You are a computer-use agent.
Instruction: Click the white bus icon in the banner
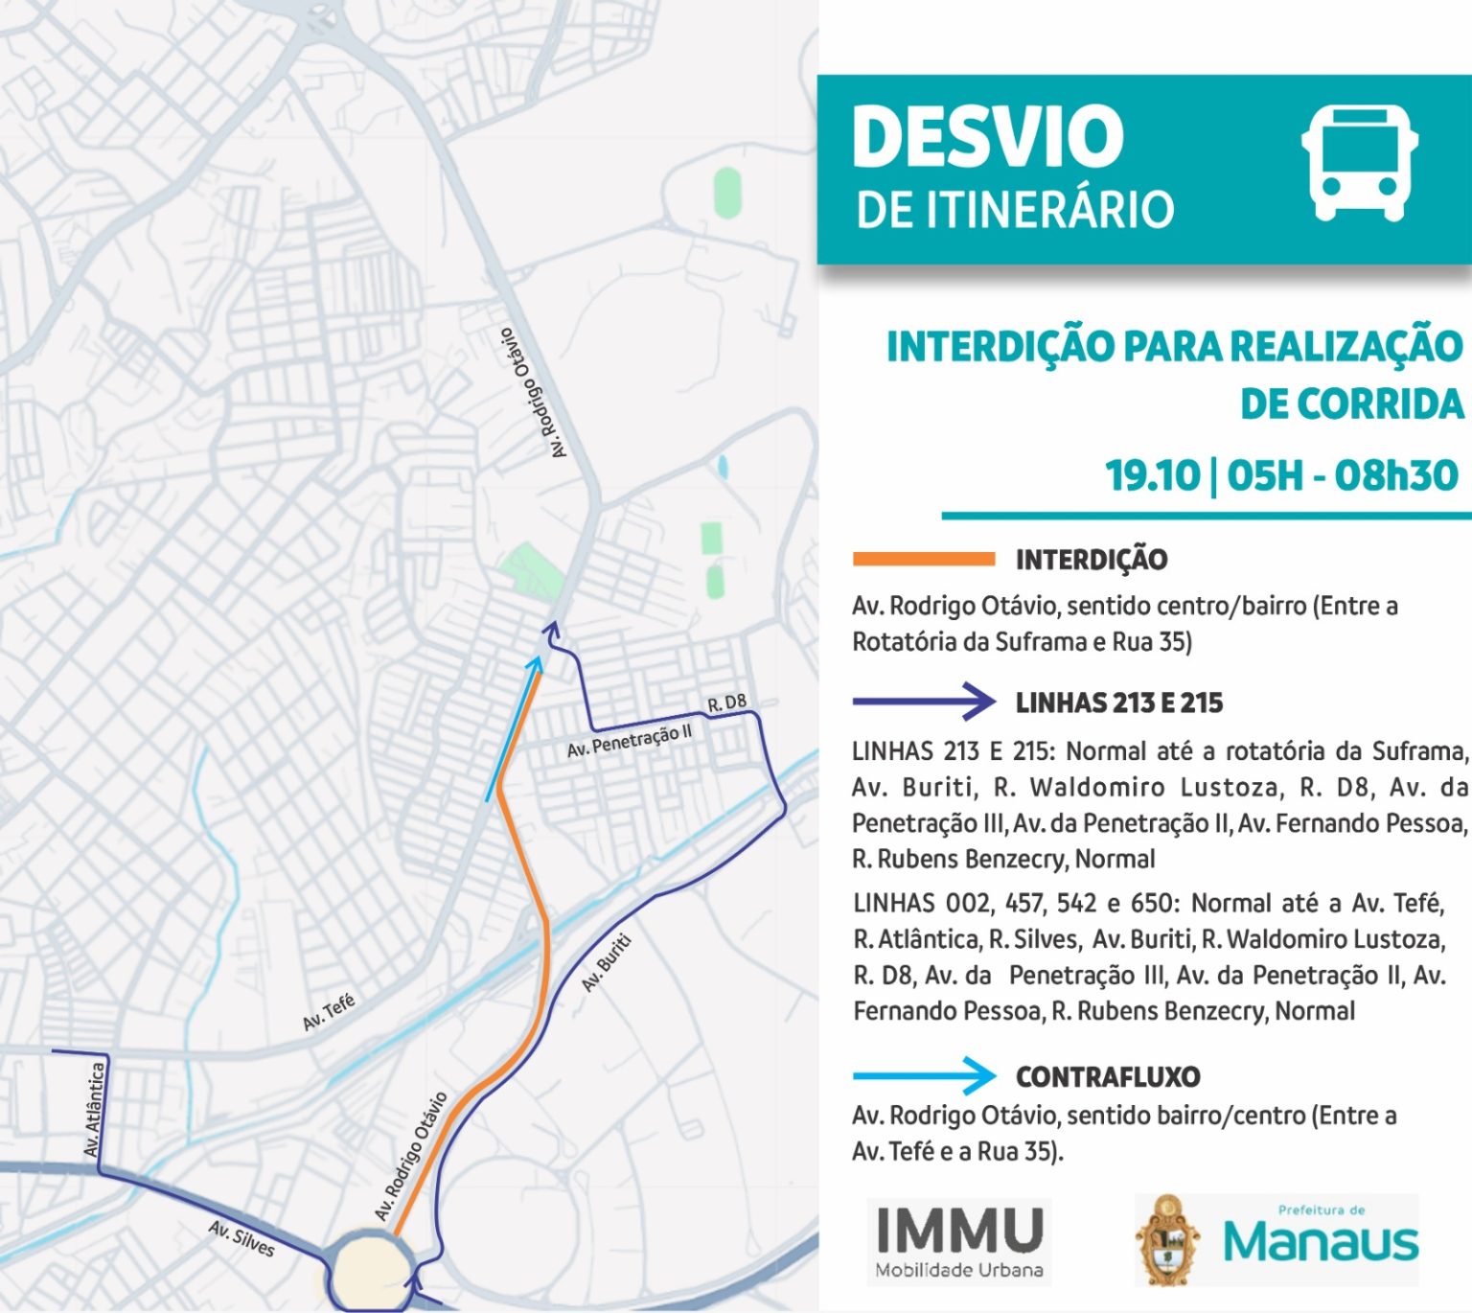[1359, 163]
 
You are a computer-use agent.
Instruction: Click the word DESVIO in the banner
[987, 136]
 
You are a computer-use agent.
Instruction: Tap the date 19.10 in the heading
[1152, 475]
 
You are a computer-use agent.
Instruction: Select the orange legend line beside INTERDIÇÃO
[924, 559]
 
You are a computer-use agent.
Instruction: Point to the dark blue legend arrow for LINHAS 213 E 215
[924, 702]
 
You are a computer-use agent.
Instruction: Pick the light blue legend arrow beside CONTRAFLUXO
[924, 1075]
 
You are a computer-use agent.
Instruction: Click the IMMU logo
[959, 1241]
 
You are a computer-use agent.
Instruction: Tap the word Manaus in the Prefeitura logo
[1321, 1243]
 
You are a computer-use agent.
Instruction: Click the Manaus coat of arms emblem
[1167, 1240]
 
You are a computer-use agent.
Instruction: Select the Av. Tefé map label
[329, 1012]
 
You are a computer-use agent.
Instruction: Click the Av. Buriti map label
[607, 962]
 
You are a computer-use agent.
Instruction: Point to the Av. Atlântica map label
[94, 1109]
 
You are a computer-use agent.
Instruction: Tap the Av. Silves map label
[241, 1237]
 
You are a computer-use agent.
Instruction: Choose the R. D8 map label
[726, 703]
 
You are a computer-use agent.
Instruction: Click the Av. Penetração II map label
[629, 741]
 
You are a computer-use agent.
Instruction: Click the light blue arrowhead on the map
[536, 662]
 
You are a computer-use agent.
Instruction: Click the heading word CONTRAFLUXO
[1108, 1076]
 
